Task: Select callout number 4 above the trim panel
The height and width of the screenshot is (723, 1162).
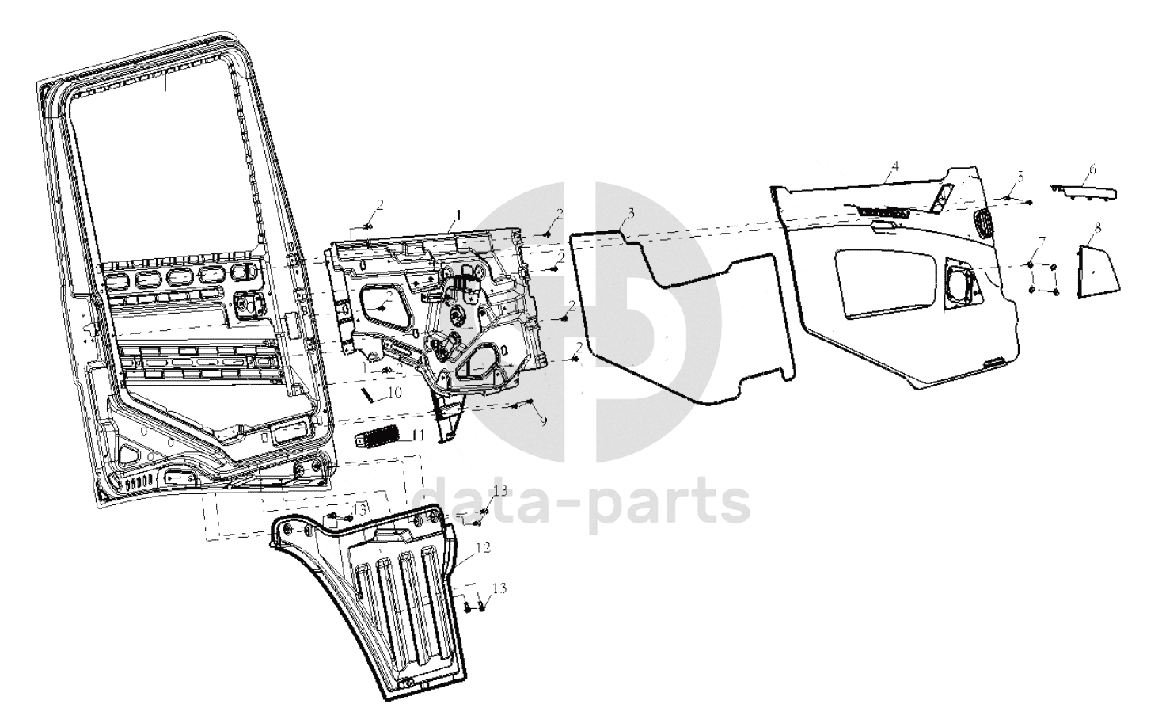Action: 894,166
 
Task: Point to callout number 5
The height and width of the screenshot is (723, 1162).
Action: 1020,178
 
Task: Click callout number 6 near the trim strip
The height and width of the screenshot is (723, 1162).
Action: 1092,169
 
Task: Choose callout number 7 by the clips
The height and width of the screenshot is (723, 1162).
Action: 1042,241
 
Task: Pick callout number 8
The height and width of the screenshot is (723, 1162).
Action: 1097,229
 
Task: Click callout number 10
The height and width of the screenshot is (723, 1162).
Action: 395,392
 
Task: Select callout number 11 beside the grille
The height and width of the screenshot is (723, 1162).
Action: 419,435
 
